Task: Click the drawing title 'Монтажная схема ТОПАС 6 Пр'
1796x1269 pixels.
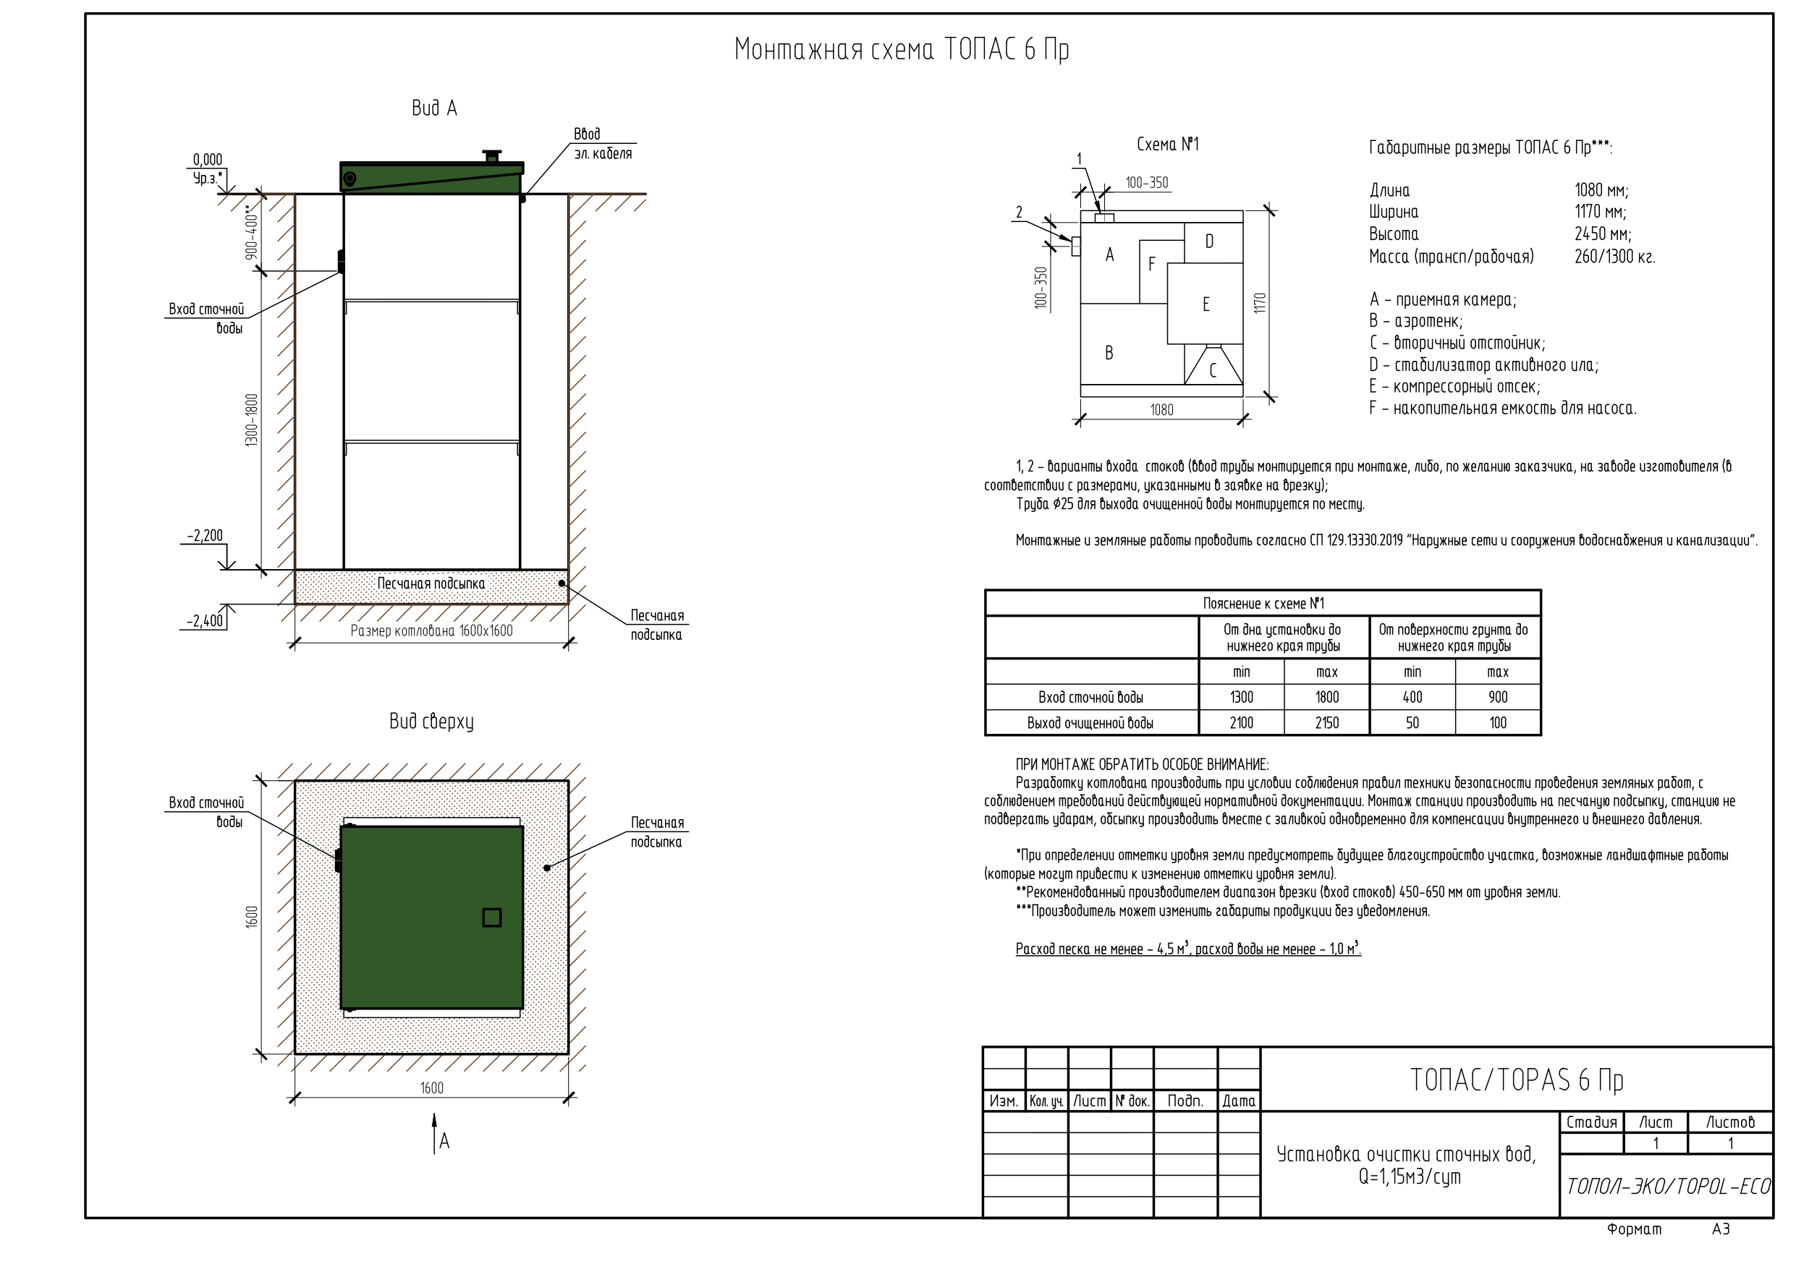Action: click(901, 50)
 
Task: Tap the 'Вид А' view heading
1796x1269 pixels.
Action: click(434, 108)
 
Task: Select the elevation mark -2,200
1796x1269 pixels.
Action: click(205, 536)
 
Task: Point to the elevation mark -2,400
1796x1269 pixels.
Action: click(205, 621)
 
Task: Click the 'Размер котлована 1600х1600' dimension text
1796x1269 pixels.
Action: click(432, 631)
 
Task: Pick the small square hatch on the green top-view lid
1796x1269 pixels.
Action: click(491, 917)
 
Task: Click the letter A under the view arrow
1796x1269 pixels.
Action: click(444, 1142)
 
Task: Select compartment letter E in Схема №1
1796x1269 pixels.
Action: click(1206, 304)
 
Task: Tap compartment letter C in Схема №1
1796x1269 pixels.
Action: click(1213, 371)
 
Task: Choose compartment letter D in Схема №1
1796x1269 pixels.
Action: click(1209, 242)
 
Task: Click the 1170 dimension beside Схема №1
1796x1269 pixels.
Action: click(1259, 304)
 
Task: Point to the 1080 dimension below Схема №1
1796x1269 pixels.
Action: click(1161, 410)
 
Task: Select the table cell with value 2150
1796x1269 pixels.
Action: click(1326, 722)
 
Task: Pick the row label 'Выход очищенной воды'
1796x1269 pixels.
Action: click(1090, 723)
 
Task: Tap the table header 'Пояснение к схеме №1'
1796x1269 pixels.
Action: click(1263, 604)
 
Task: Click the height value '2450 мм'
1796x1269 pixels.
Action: click(1603, 234)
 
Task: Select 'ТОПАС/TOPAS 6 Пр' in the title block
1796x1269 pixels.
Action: click(1517, 1080)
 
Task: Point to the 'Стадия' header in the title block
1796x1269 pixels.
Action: click(1591, 1122)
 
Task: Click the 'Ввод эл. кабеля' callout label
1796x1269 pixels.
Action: click(602, 144)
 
